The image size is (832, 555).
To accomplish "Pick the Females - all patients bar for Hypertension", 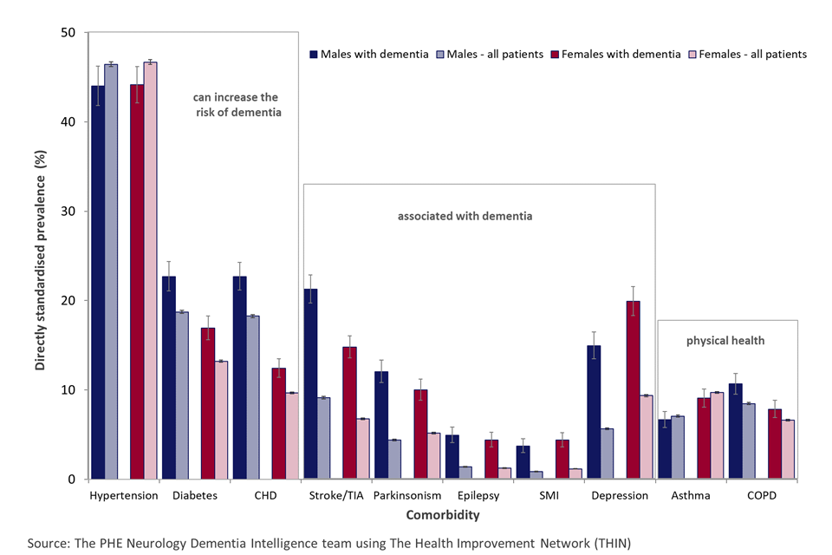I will tap(151, 270).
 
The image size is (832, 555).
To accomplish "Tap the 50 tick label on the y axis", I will tap(68, 33).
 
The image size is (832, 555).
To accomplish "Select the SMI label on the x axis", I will tap(549, 496).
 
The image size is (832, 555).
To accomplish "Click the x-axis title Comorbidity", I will tap(444, 515).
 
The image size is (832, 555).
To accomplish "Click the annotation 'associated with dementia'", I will tap(478, 216).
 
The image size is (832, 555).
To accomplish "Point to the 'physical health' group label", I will tap(725, 341).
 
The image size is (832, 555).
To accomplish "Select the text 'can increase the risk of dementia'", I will tap(237, 105).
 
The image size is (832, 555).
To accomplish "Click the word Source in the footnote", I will tap(48, 543).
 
